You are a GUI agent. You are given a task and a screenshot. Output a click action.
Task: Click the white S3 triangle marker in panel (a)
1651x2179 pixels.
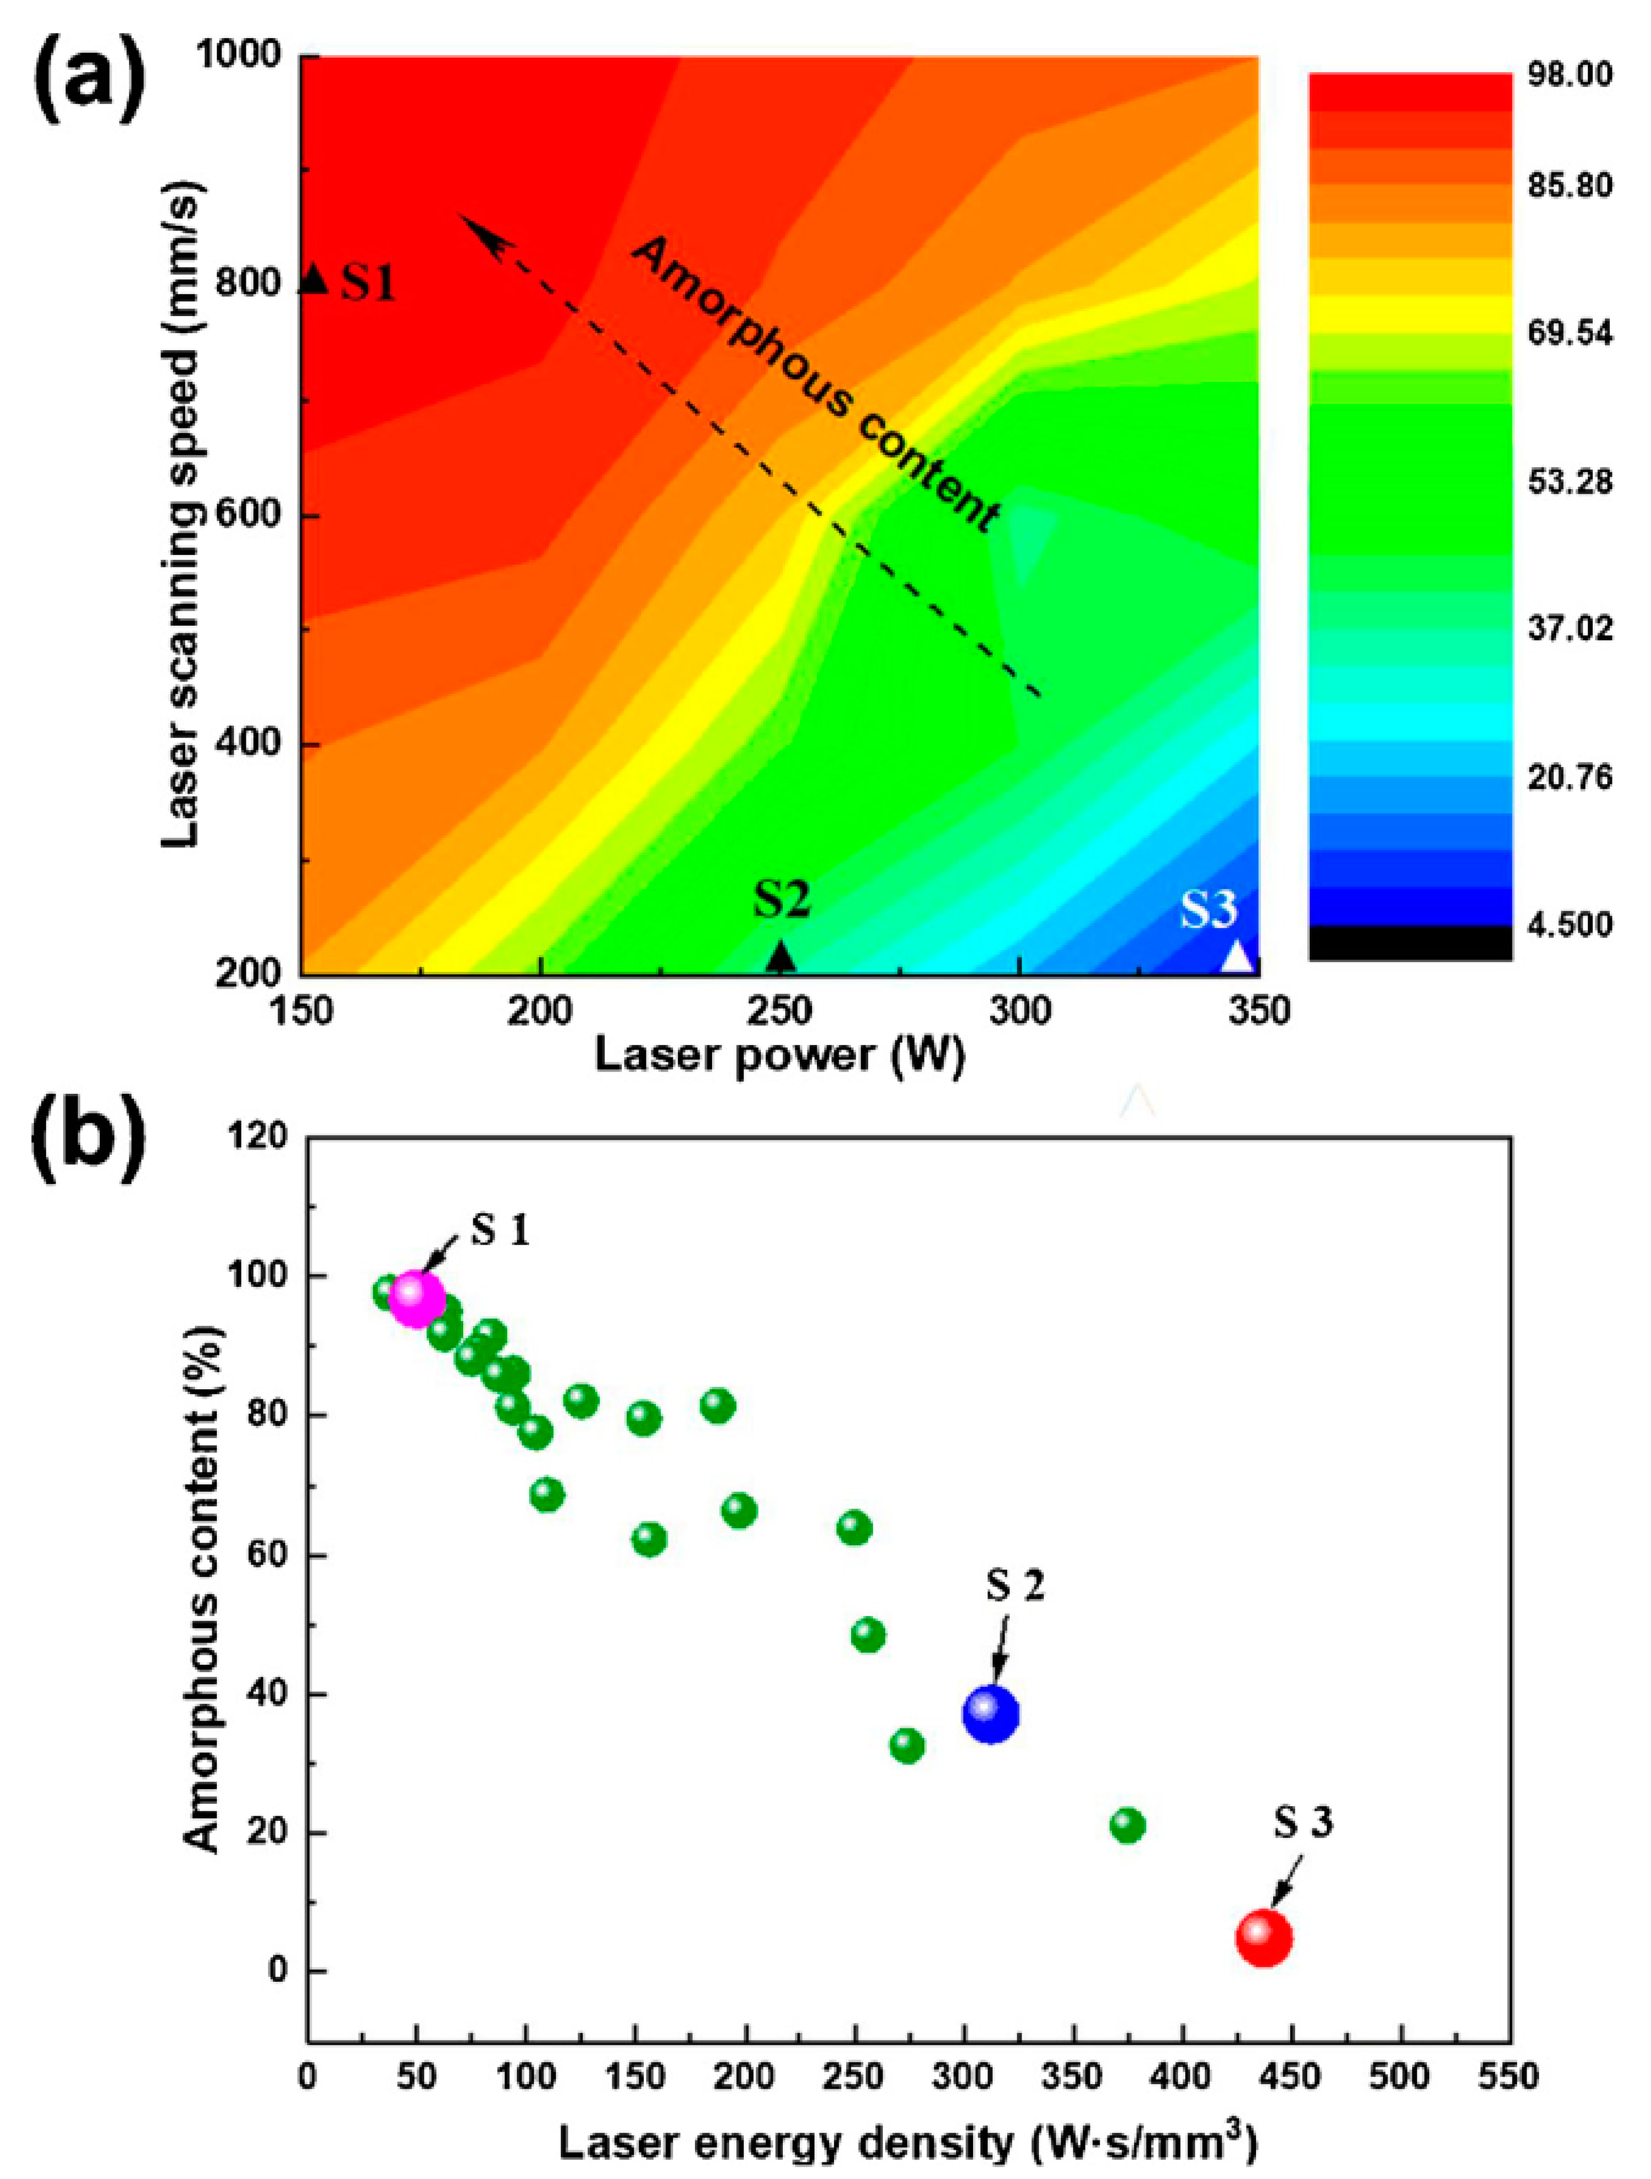1239,956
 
